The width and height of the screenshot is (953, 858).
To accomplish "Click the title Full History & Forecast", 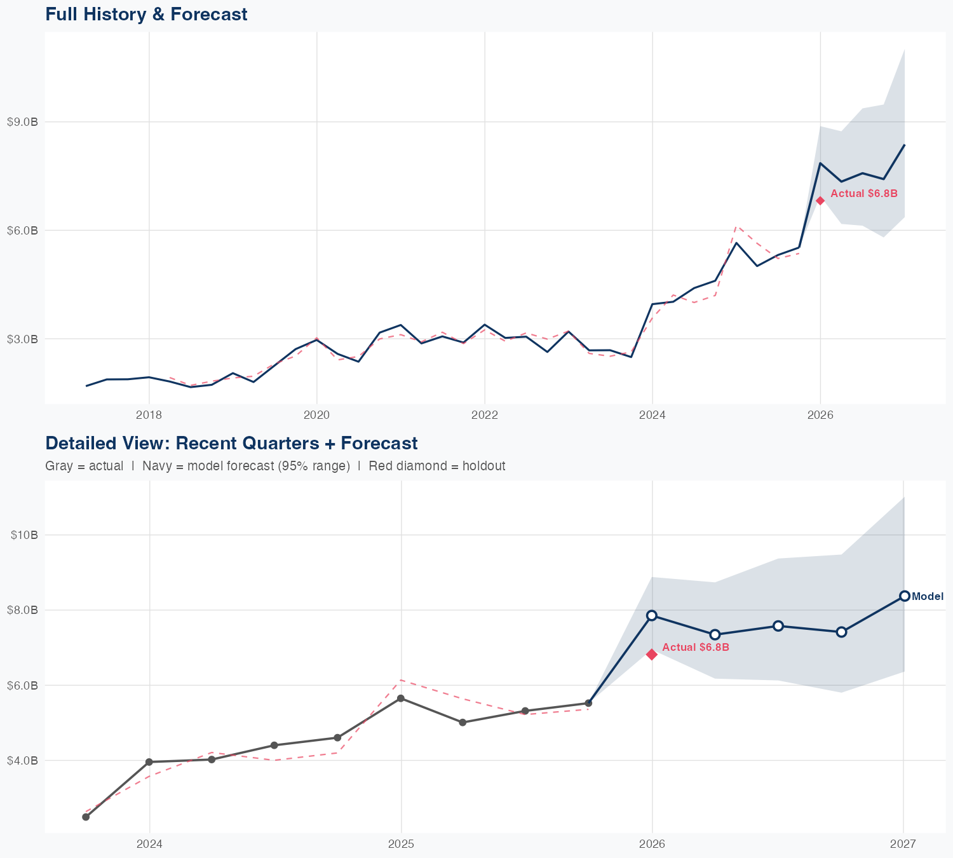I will pyautogui.click(x=146, y=14).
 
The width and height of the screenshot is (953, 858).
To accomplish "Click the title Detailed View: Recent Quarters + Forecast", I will pyautogui.click(x=231, y=443).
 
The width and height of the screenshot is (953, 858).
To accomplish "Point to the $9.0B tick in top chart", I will pyautogui.click(x=22, y=122).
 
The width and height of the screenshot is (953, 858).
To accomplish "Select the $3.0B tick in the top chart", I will pyautogui.click(x=22, y=339).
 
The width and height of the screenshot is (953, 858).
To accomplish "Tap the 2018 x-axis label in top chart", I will pyautogui.click(x=149, y=415).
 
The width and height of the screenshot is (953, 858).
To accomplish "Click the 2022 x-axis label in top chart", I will pyautogui.click(x=484, y=415).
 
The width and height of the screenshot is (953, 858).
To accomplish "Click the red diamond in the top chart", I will pyautogui.click(x=820, y=201).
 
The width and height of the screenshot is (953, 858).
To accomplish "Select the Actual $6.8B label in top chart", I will pyautogui.click(x=864, y=193).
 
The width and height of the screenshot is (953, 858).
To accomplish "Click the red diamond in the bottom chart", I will pyautogui.click(x=652, y=655).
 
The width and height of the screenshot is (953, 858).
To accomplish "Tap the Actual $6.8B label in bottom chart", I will pyautogui.click(x=696, y=647).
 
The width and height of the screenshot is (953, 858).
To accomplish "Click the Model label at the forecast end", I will pyautogui.click(x=928, y=596).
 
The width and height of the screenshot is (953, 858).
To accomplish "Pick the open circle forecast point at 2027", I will pyautogui.click(x=904, y=596).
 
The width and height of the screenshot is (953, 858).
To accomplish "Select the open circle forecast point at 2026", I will pyautogui.click(x=652, y=615).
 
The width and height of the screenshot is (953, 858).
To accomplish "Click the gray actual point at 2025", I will pyautogui.click(x=401, y=698).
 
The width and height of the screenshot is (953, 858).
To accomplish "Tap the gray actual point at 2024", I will pyautogui.click(x=149, y=762).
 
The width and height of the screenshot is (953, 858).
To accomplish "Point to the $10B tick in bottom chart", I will pyautogui.click(x=25, y=535).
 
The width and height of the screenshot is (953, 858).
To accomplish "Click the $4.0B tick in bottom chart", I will pyautogui.click(x=24, y=761).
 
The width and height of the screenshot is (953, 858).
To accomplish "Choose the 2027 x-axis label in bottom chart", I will pyautogui.click(x=903, y=844).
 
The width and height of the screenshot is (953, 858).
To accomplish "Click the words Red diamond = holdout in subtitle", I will pyautogui.click(x=436, y=466).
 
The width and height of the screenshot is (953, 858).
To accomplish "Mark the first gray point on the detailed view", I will pyautogui.click(x=86, y=817).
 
